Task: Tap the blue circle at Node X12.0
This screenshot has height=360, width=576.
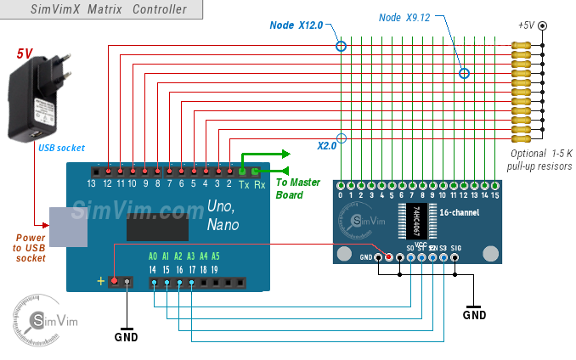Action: coord(341,46)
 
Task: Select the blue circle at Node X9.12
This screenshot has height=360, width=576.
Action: coord(464,74)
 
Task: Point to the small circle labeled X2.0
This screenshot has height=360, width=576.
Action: coord(342,138)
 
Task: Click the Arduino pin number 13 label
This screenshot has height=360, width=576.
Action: coord(92,183)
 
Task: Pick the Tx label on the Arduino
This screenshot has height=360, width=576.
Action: coord(244,183)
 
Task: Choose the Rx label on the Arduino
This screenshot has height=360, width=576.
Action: coord(260,183)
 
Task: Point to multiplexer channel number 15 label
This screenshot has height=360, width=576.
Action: coord(494,195)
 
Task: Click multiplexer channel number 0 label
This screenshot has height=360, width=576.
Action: coord(341,195)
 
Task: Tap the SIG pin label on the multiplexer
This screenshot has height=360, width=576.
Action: coord(456,247)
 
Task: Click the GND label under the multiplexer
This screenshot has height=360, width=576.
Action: coord(474,314)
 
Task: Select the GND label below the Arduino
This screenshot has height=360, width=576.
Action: coord(126,335)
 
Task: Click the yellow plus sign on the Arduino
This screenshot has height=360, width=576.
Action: coord(102,281)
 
